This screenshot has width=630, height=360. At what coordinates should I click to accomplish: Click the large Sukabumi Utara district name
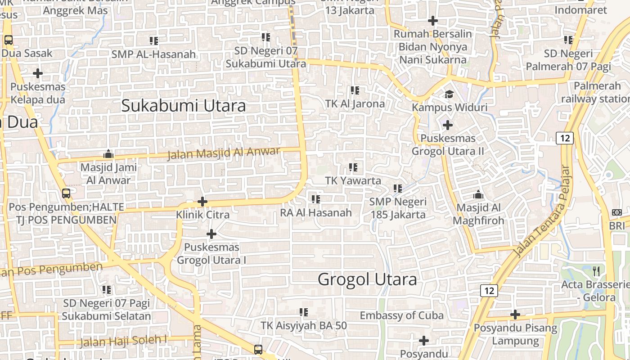[x=184, y=106]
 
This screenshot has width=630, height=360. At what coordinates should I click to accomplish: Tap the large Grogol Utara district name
[x=367, y=279]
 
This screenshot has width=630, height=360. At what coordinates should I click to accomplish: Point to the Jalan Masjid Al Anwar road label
[x=224, y=153]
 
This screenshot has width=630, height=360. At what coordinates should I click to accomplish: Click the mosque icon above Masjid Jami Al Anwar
[x=108, y=154]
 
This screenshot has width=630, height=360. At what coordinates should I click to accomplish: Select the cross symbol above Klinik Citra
[x=202, y=201]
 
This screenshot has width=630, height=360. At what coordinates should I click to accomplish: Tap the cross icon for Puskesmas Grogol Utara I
[x=211, y=234]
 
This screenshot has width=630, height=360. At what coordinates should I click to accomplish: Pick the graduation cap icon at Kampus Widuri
[x=449, y=94]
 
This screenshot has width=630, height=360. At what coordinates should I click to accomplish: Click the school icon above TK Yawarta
[x=353, y=167]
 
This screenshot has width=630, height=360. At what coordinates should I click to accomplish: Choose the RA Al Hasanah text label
[x=316, y=212]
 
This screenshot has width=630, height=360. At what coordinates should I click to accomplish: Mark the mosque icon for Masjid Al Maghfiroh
[x=478, y=194]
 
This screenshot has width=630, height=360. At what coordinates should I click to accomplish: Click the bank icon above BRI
[x=617, y=212]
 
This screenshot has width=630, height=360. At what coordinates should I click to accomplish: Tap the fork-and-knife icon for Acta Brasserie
[x=597, y=271]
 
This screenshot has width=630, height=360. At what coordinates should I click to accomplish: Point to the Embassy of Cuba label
[x=401, y=315]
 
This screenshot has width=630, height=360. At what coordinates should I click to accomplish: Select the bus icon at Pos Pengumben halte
[x=66, y=193]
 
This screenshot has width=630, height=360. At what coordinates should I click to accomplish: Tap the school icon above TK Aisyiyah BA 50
[x=304, y=312]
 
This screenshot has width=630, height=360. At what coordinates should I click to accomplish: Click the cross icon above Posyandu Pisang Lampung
[x=515, y=315]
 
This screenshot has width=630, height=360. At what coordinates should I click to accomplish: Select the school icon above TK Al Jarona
[x=355, y=90]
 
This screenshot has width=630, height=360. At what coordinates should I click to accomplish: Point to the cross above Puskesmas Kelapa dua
[x=38, y=73]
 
